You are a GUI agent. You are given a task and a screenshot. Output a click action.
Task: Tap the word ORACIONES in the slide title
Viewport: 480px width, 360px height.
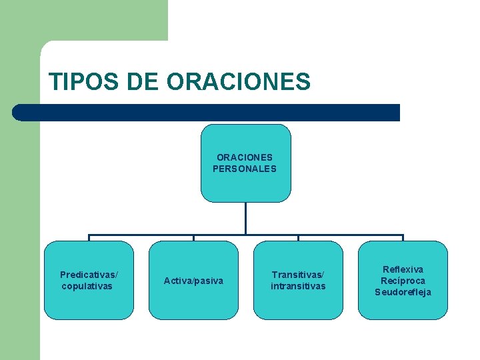tap(239, 82)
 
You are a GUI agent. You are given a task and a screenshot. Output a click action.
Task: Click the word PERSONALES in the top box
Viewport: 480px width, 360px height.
tap(244, 169)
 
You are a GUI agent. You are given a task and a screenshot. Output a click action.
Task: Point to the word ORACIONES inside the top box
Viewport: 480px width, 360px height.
tap(244, 157)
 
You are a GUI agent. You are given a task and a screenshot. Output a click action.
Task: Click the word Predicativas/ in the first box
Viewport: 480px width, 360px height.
tap(89, 275)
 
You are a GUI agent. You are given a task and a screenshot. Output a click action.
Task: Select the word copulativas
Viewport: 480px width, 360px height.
tap(87, 286)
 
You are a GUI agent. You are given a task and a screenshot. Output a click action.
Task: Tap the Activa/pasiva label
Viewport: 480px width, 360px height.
tap(193, 281)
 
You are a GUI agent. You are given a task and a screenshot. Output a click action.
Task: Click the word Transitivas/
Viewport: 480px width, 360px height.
tap(298, 275)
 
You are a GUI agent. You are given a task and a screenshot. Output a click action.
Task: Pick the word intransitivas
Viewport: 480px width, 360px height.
tap(298, 286)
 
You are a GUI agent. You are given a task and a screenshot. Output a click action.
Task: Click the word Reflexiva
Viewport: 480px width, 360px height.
tap(403, 269)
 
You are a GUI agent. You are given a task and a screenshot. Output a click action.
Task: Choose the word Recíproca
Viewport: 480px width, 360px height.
tap(403, 281)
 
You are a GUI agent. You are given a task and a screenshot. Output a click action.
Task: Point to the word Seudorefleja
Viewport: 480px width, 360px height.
tap(403, 292)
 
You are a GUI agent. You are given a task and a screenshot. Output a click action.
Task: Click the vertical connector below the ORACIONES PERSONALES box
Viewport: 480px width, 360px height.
tap(246, 217)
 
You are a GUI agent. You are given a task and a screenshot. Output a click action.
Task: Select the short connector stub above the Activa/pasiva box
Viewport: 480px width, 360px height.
tap(193, 237)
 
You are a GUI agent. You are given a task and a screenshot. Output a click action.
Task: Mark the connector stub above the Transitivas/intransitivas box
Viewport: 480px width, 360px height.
tap(298, 237)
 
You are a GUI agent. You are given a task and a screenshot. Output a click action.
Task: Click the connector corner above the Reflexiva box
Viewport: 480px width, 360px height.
tap(403, 235)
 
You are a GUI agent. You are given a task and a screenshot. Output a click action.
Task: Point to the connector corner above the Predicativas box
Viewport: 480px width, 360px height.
tap(89, 235)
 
